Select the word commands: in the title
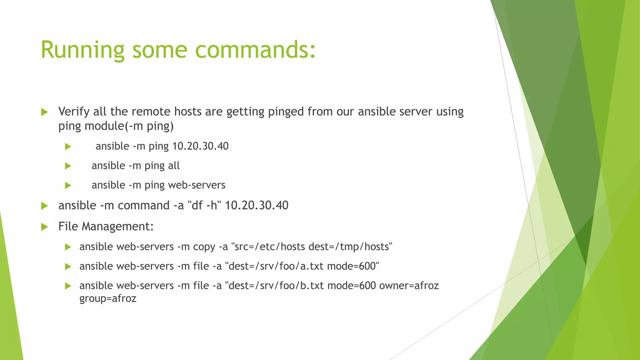[255, 50]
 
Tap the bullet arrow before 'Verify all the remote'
[45, 112]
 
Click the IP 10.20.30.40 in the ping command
[200, 146]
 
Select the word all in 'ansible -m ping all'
[174, 166]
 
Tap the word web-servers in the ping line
[197, 185]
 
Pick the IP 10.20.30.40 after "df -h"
[257, 206]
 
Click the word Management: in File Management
[118, 227]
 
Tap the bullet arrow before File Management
[45, 227]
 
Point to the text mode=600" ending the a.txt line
[353, 266]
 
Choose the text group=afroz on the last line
[108, 298]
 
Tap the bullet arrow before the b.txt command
[68, 286]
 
